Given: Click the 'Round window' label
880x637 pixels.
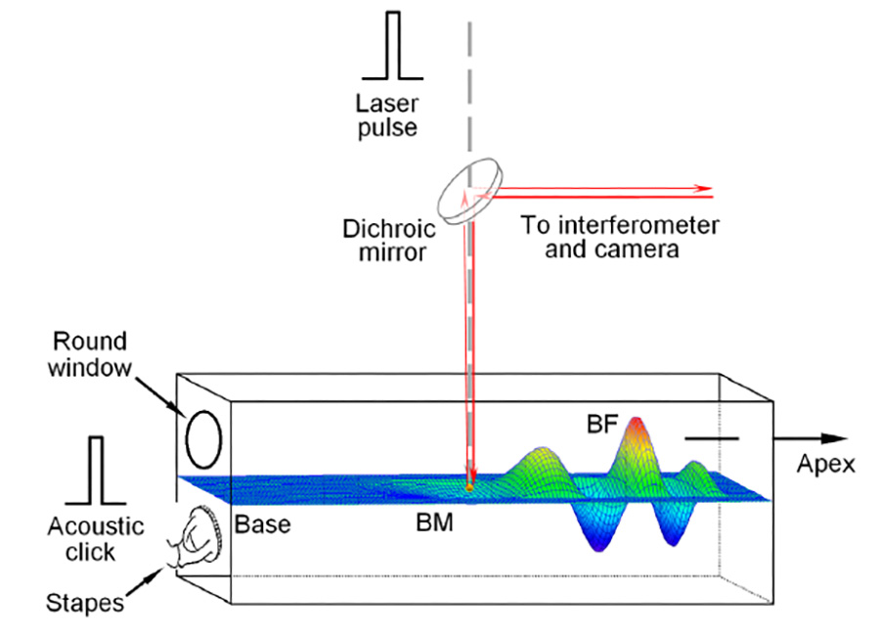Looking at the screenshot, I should click(x=90, y=355).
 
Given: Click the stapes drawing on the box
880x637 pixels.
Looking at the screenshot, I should click(x=203, y=539).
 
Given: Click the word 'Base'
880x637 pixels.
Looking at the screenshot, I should click(x=262, y=523).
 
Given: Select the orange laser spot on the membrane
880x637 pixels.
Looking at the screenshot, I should click(x=470, y=484).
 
